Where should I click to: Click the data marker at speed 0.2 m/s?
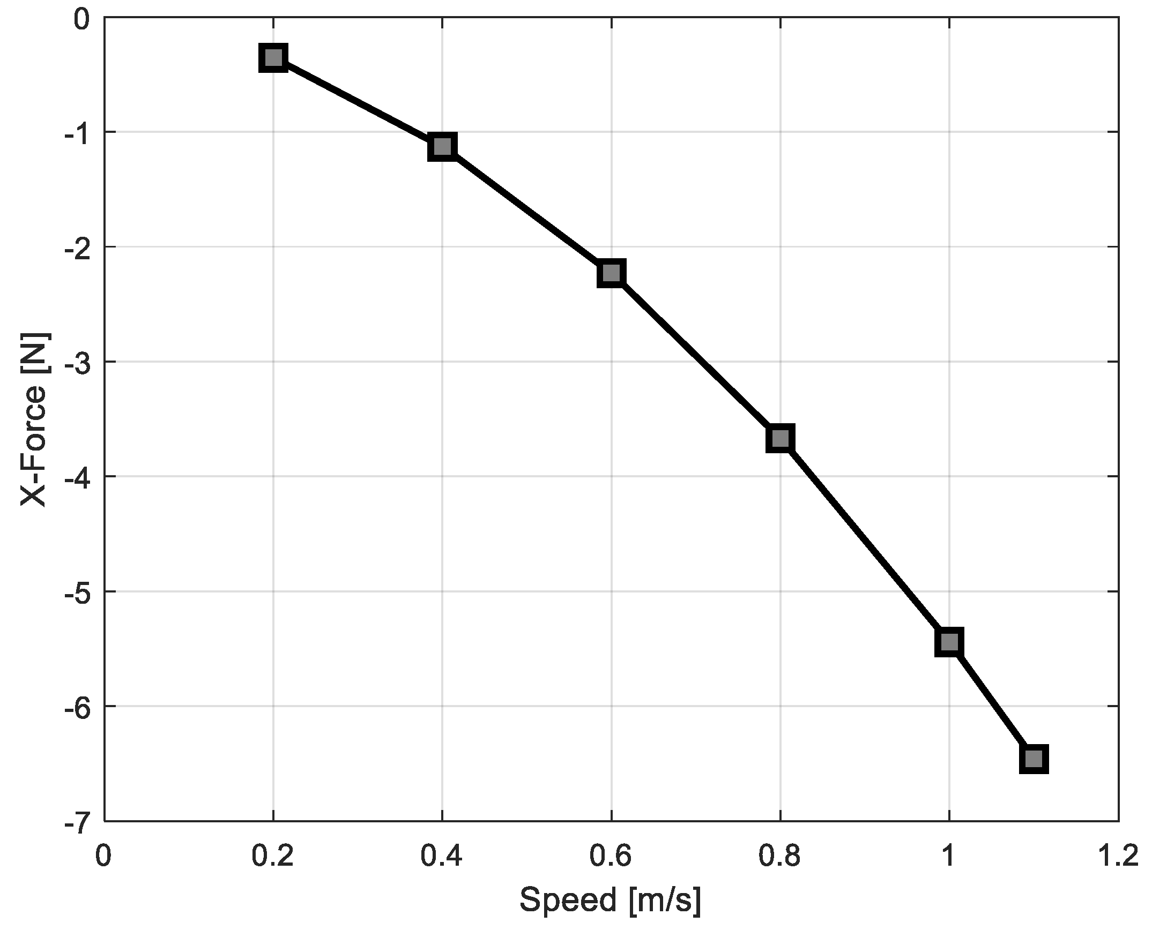point(273,57)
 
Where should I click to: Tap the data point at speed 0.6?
point(611,273)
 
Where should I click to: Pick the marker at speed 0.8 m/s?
point(780,439)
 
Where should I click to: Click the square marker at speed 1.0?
point(949,641)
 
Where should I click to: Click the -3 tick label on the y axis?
point(76,363)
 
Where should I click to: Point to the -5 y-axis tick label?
point(76,592)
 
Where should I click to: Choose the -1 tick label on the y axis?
point(76,133)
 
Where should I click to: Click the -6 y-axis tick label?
point(76,707)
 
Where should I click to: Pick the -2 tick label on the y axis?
point(76,248)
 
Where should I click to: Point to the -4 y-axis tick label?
point(76,477)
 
